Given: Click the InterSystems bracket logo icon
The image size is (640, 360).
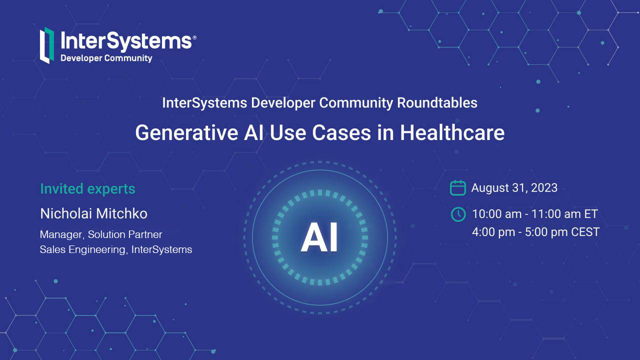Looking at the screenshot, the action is point(47,45).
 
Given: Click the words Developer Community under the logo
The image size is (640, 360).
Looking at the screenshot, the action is point(106,58).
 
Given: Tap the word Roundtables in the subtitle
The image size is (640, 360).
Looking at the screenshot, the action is point(437,103).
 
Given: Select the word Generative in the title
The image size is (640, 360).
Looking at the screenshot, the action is point(186,133).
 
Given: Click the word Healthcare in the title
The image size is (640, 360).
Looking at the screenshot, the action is point(452,132).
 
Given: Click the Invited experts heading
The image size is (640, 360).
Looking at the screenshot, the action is point(87,189).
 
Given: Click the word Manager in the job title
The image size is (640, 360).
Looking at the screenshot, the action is point(61,235).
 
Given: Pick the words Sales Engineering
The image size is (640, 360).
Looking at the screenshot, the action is point(82,250).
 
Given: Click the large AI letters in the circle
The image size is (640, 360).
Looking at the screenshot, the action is point(319,237).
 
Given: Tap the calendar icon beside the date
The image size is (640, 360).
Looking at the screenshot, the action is point(457,187).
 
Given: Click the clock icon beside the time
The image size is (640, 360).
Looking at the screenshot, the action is point(458,214).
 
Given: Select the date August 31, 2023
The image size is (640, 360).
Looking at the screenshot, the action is point(514,188).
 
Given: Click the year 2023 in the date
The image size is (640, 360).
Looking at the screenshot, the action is point(544,187).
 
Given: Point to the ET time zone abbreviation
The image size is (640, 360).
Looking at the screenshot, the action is point(590,214).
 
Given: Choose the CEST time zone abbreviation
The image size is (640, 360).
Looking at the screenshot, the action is point(585,232).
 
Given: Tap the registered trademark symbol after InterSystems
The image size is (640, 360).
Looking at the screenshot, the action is point(194,37).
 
